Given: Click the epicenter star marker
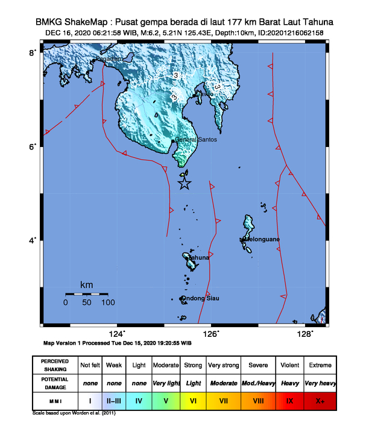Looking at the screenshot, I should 184,184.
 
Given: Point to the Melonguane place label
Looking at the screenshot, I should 260,240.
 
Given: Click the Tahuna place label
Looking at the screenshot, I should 199,258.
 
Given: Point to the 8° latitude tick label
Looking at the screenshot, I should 33,53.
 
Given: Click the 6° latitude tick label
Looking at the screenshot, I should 33,146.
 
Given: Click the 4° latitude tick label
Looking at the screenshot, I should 33,240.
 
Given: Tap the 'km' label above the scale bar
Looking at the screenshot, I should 87,284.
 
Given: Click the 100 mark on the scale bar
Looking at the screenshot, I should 108,302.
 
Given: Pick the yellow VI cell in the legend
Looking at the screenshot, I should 193,399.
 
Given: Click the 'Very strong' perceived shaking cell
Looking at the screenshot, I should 224,365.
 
